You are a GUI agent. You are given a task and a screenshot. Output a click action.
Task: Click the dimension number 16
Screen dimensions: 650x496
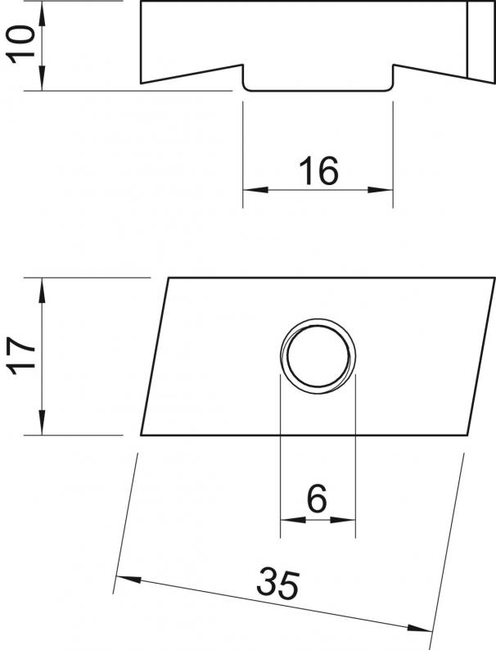[x=318, y=173]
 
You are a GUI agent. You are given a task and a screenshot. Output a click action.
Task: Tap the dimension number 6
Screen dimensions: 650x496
[x=318, y=497]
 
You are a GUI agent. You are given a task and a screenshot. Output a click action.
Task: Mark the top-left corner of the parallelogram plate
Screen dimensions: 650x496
[x=169, y=278]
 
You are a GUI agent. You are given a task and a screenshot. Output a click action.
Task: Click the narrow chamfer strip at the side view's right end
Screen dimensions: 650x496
[x=481, y=40]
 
